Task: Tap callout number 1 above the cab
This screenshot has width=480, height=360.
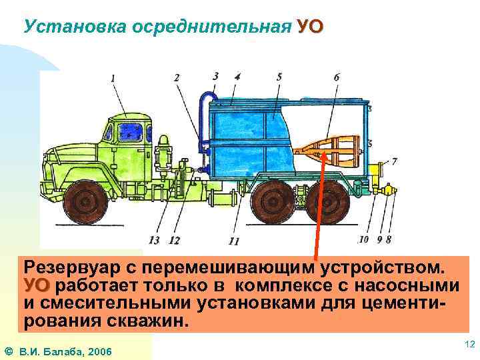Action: click(113, 78)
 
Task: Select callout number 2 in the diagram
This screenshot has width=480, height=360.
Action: click(177, 78)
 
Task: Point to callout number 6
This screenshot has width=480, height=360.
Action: click(336, 77)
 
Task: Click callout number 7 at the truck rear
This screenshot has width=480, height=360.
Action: click(394, 161)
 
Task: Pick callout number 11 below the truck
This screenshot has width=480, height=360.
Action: click(233, 241)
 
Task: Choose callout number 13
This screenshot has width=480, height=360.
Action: click(155, 239)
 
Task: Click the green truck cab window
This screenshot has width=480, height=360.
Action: click(130, 132)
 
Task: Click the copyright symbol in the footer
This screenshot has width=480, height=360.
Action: click(7, 351)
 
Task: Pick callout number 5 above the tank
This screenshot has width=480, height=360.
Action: click(279, 77)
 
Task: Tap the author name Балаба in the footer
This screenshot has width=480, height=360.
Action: click(62, 351)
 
